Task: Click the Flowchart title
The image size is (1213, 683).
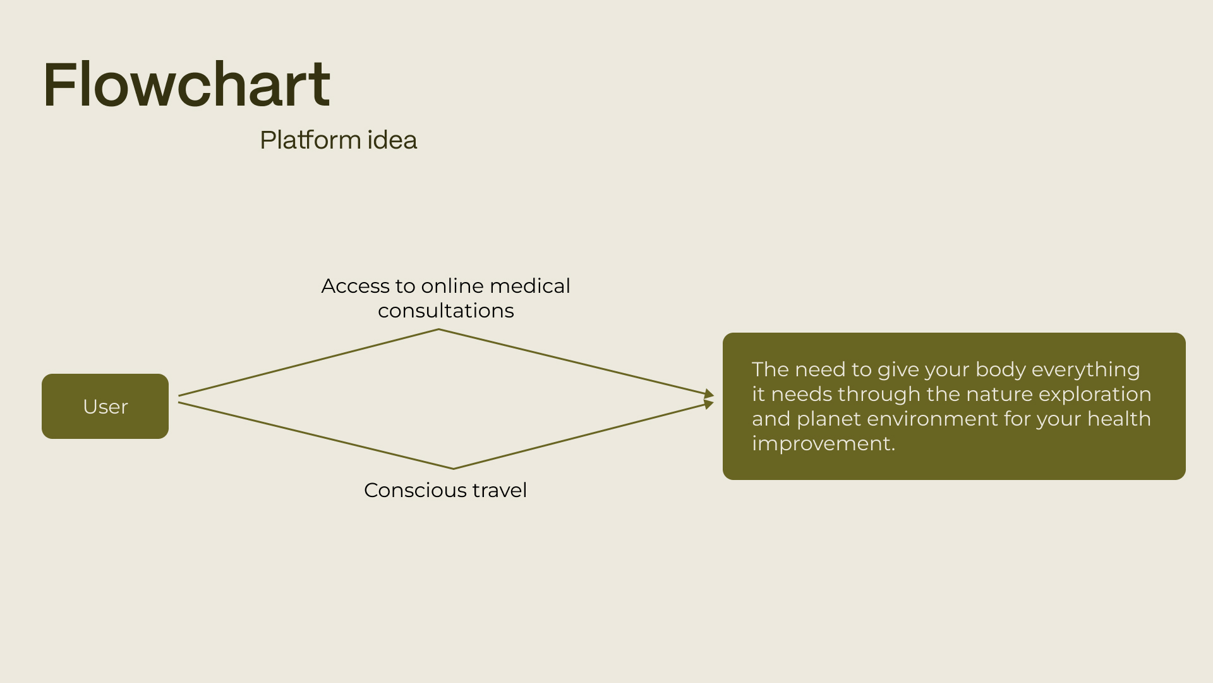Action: click(186, 85)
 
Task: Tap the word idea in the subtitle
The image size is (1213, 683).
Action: click(392, 140)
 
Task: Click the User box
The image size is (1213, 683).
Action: click(105, 406)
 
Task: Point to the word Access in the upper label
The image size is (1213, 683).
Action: click(355, 286)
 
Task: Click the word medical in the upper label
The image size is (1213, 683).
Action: click(529, 286)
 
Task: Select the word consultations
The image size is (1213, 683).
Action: click(445, 311)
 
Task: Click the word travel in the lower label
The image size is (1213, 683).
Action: click(499, 490)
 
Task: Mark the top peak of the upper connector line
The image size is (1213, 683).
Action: click(438, 329)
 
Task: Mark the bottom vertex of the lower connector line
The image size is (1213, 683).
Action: click(453, 469)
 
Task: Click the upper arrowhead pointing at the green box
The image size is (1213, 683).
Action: click(709, 395)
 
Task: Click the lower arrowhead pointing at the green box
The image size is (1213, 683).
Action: click(709, 403)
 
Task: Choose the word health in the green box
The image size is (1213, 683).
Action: click(1118, 419)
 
